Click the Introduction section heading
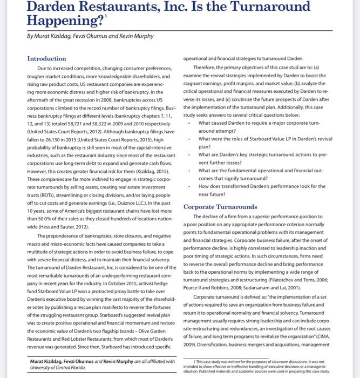[x=46, y=58]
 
